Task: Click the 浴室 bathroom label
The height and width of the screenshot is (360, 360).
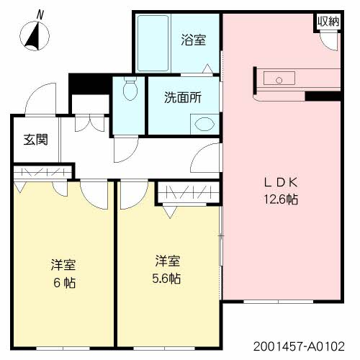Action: click(193, 40)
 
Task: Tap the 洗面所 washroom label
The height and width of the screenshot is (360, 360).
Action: click(182, 98)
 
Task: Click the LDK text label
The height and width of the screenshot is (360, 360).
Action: click(282, 182)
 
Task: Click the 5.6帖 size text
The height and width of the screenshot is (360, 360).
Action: click(167, 278)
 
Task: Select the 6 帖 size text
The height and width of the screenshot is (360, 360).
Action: click(63, 282)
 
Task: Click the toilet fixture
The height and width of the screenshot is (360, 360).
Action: click(130, 90)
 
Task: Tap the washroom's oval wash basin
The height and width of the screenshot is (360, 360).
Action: click(204, 122)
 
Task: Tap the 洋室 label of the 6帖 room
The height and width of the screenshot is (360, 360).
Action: click(63, 264)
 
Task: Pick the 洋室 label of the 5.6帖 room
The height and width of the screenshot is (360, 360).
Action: click(167, 260)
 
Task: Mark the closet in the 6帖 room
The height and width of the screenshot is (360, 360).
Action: click(43, 173)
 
